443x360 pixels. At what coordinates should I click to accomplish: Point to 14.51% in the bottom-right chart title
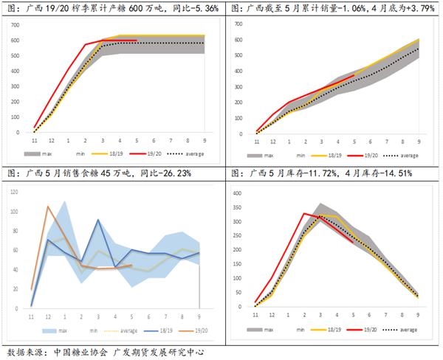[x=394, y=173]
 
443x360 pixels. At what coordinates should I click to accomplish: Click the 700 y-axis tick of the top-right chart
[x=238, y=25]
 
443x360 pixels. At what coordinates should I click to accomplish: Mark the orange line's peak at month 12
[x=48, y=207]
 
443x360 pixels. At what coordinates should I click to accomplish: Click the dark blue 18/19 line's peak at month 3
[x=98, y=219]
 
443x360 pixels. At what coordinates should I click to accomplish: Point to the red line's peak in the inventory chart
[x=304, y=213]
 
